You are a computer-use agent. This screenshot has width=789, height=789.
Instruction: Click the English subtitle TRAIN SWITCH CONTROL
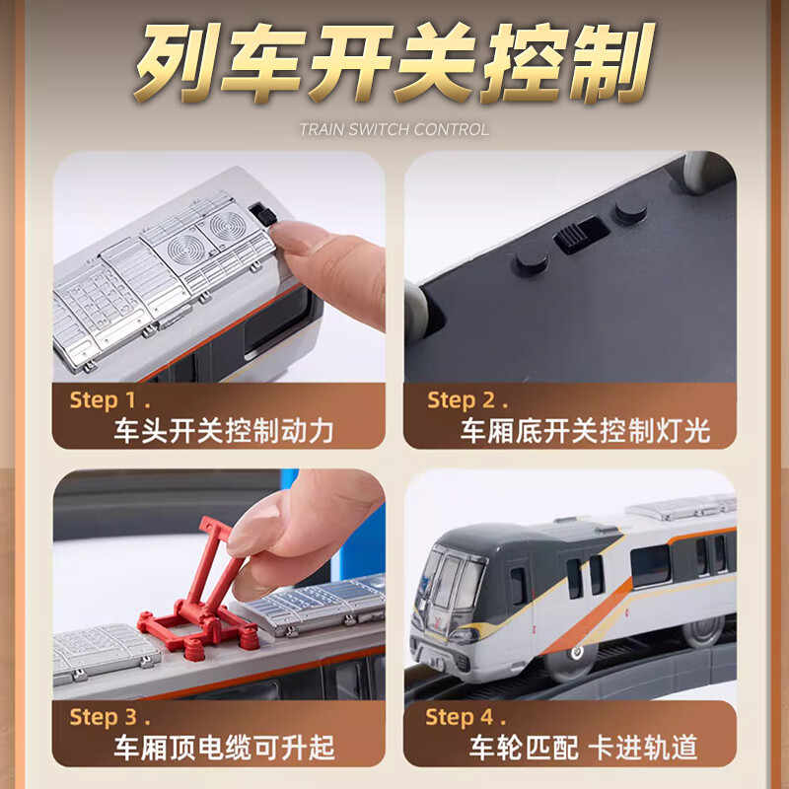point(394,129)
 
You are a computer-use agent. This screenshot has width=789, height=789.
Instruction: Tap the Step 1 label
point(109,400)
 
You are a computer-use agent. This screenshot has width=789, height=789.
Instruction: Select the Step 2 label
point(467,400)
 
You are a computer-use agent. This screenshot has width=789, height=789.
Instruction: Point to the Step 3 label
point(109,717)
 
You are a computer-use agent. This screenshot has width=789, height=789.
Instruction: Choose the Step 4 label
point(466,717)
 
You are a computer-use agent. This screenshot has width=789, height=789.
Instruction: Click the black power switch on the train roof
point(262,214)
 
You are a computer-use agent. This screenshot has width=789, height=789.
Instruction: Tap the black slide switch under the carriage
point(582,235)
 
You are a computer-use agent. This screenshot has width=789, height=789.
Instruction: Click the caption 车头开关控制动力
point(224,431)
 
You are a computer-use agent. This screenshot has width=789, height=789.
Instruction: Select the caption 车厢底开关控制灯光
point(585,431)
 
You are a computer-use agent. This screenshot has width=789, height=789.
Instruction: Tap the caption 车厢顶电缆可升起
point(224,748)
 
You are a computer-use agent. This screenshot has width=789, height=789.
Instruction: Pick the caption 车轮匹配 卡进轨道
point(583,748)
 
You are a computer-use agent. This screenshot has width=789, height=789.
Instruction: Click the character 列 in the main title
point(174,63)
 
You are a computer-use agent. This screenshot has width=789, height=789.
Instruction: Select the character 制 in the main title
point(611,63)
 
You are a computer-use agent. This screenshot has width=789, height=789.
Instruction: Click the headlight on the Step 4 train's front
point(463,636)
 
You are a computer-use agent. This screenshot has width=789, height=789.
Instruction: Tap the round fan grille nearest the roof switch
point(227,227)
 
